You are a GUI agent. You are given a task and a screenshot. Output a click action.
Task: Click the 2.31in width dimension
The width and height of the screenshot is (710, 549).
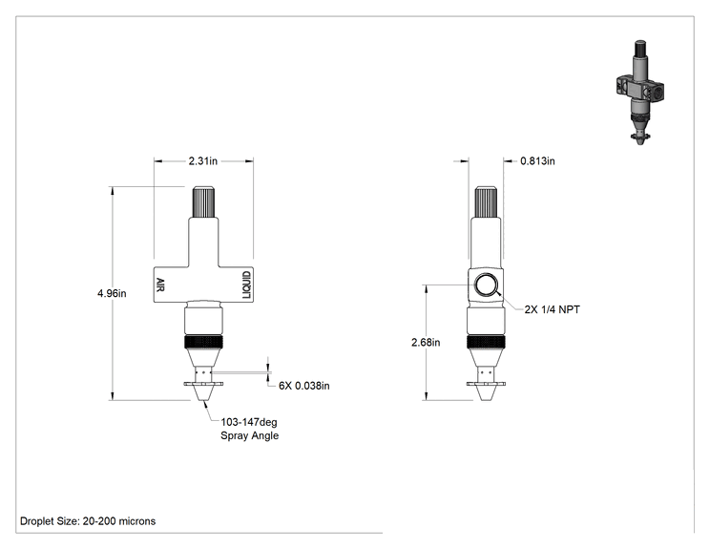coord(203,160)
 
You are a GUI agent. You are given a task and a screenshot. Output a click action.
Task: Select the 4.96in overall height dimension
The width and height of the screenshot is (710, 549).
coord(112,293)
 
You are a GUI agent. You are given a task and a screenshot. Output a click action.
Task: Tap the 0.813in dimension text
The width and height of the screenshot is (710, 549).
coord(537,160)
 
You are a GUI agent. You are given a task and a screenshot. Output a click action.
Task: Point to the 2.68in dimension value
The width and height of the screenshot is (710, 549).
coord(426,343)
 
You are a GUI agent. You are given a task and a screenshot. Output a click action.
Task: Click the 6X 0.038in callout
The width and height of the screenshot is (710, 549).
coord(304,386)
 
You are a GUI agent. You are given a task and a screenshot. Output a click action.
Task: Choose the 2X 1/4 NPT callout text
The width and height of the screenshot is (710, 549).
coord(552,309)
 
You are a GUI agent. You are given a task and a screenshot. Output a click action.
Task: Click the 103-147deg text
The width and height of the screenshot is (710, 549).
coord(248,422)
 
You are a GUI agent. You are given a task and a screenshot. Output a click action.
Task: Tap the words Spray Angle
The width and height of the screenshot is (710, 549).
coord(249,435)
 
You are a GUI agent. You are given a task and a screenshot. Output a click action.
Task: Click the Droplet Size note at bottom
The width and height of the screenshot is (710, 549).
coord(88,521)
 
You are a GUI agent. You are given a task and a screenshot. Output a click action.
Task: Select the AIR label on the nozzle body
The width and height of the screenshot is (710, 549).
coord(160,285)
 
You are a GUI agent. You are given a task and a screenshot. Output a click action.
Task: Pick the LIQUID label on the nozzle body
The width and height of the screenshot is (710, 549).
coord(246,285)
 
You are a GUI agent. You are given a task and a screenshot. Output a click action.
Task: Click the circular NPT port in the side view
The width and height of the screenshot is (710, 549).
coord(487,285)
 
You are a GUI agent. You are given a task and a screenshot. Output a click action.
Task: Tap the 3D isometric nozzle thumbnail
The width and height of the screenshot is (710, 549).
coord(640,93)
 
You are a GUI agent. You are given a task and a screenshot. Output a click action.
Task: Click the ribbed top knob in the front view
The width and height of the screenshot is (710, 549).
coord(203,202)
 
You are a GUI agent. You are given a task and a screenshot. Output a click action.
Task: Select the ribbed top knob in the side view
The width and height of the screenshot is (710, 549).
coord(486,202)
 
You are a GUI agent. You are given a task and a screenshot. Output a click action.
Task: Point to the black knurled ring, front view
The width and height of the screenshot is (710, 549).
coord(203,342)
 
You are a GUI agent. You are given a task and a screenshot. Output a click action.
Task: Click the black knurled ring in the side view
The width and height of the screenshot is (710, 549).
coord(486,342)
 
